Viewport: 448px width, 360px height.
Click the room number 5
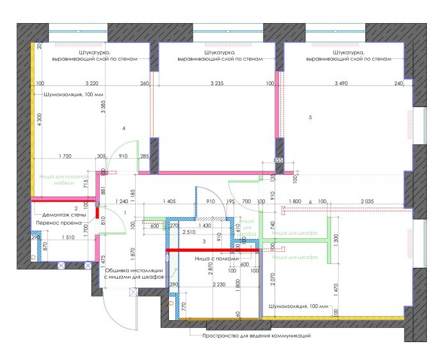tap(310, 117)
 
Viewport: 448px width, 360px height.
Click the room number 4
tap(124, 129)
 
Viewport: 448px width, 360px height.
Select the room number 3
tap(204, 241)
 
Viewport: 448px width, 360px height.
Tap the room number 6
tap(310, 202)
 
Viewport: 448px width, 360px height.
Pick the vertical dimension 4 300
tap(38, 122)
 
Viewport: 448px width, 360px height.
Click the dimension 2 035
tap(367, 201)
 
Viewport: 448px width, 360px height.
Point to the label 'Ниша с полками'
tap(217, 258)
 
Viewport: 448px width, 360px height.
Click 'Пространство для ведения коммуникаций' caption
tap(256, 336)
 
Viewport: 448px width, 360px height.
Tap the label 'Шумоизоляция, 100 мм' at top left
tap(73, 95)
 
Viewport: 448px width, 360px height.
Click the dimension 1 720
tap(64, 156)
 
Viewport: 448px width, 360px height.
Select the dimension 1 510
tap(65, 236)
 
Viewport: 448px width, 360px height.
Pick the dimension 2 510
tap(189, 233)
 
